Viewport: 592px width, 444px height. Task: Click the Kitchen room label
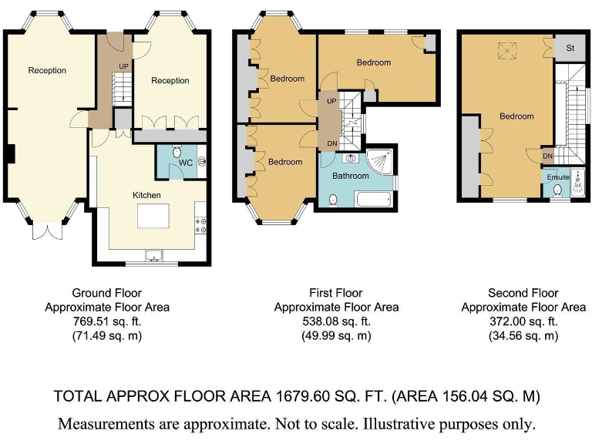146,195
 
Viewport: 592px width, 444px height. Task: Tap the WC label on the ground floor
185,163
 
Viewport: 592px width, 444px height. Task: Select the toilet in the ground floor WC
177,152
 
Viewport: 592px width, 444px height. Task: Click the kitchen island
153,216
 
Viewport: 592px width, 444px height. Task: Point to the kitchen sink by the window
155,257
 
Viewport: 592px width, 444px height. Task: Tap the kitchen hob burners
200,225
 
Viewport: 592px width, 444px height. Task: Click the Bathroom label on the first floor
351,176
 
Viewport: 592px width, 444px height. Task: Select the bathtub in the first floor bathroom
374,199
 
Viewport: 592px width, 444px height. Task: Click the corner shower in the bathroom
380,163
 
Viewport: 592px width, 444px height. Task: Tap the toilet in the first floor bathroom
333,200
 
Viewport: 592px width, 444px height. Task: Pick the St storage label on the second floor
570,48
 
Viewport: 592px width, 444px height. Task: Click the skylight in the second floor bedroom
506,51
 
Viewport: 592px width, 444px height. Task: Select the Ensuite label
558,177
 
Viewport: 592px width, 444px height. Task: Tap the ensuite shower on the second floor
577,183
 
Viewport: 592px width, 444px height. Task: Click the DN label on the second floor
547,156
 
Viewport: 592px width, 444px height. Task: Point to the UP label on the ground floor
123,66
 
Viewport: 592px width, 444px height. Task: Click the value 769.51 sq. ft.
107,321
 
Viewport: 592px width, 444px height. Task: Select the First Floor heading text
336,293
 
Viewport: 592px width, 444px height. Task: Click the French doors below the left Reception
47,231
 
